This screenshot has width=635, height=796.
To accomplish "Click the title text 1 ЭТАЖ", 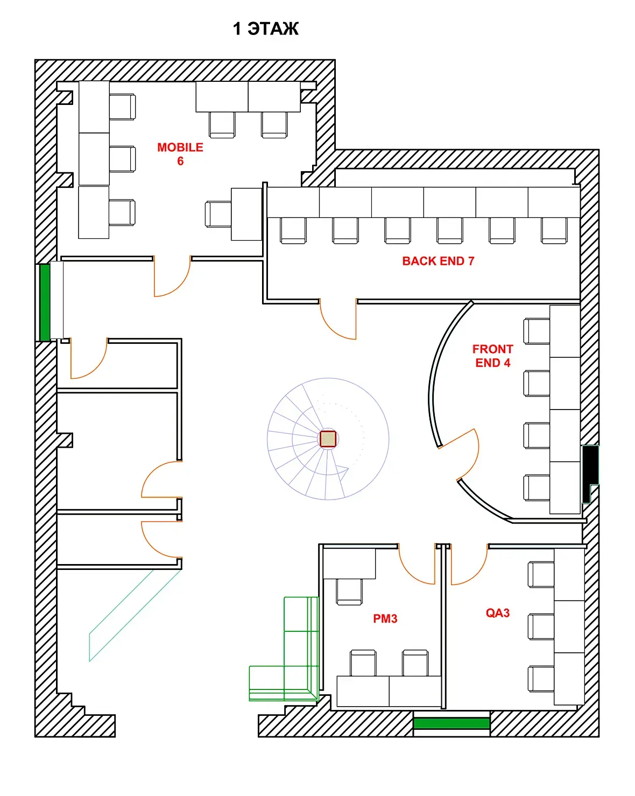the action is coord(265,29).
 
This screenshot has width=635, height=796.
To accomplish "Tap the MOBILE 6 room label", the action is coord(180,154).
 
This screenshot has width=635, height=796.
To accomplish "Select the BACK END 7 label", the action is coord(438,261).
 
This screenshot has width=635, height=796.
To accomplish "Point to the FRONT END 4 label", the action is coord(492,356).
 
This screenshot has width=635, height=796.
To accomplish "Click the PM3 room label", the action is coord(385,618).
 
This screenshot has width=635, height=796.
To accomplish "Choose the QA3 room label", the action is coord(497,613).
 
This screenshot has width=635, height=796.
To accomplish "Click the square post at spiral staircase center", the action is coord(328,439).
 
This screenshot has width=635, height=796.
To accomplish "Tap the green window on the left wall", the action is coord(45,302).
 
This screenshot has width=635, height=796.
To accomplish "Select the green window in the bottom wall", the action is coord(451,723).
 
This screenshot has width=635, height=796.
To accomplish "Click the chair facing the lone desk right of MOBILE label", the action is coord(218,214).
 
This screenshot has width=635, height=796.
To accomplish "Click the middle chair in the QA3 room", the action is coord(541,626).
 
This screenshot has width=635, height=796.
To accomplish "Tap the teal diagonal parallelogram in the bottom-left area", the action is coord(135,616).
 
